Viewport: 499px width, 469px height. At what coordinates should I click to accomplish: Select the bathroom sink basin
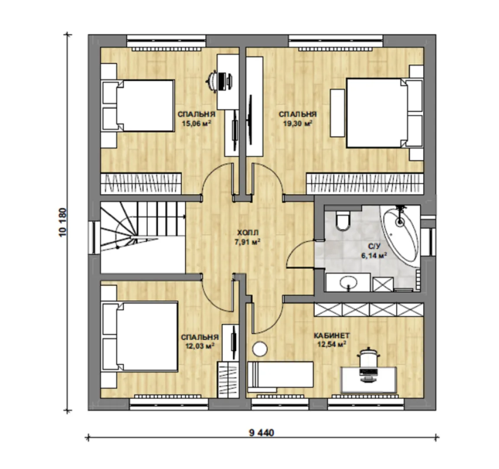[x=348, y=282]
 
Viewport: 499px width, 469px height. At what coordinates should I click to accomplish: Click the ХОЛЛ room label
[x=248, y=232]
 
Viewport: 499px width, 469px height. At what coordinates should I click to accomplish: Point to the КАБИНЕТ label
[x=332, y=336]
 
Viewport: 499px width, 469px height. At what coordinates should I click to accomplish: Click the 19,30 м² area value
[x=298, y=123]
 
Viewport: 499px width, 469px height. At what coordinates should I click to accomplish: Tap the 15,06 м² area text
[x=197, y=123]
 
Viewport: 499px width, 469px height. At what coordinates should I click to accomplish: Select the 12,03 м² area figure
[x=200, y=346]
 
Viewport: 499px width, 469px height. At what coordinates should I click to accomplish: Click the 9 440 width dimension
[x=261, y=433]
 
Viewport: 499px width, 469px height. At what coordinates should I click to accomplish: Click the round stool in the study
[x=260, y=349]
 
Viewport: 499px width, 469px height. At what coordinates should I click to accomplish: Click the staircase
[x=143, y=237]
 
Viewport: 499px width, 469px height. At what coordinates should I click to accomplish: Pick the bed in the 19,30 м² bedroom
[x=384, y=113]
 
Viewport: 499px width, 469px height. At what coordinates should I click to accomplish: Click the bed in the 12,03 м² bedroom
[x=140, y=337]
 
